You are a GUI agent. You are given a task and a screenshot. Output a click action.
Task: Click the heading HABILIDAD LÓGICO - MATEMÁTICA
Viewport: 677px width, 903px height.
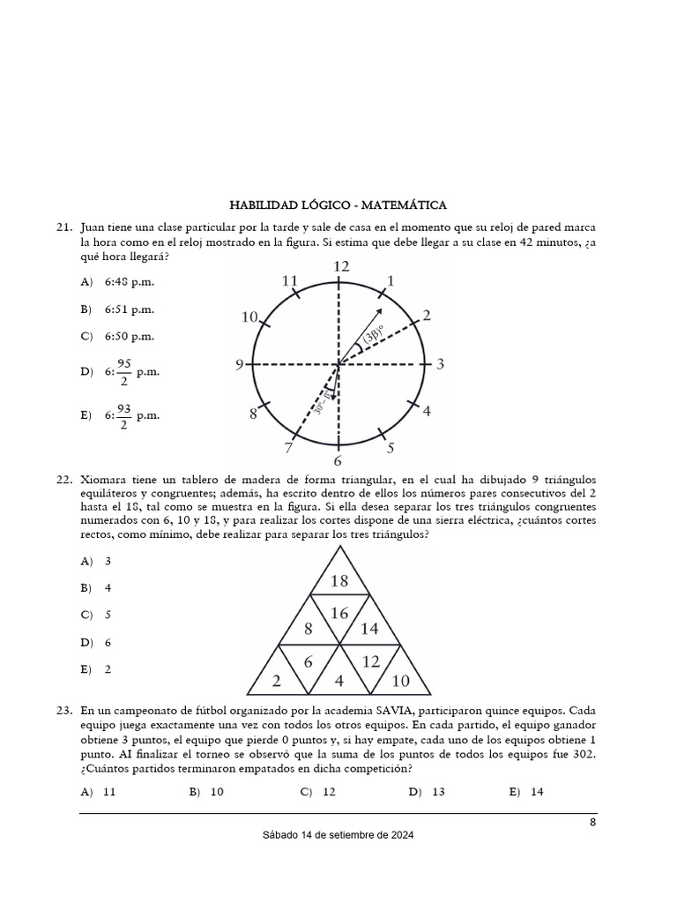[338, 205]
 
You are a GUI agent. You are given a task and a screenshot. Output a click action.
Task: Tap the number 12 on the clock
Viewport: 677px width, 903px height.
[339, 266]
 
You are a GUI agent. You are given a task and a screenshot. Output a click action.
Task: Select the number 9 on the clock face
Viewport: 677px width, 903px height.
[239, 364]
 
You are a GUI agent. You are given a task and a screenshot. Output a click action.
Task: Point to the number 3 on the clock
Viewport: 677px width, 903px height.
[440, 364]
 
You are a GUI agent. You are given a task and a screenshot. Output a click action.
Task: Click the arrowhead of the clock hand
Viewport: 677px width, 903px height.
[379, 311]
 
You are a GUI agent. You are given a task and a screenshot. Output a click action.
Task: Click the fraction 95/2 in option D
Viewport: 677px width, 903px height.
[123, 372]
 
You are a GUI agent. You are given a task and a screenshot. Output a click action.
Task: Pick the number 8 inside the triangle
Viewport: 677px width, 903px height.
[309, 629]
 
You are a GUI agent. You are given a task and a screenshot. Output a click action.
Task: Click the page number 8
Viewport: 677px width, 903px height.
[592, 823]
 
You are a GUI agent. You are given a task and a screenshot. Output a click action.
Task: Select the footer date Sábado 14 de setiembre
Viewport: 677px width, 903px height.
[338, 835]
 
